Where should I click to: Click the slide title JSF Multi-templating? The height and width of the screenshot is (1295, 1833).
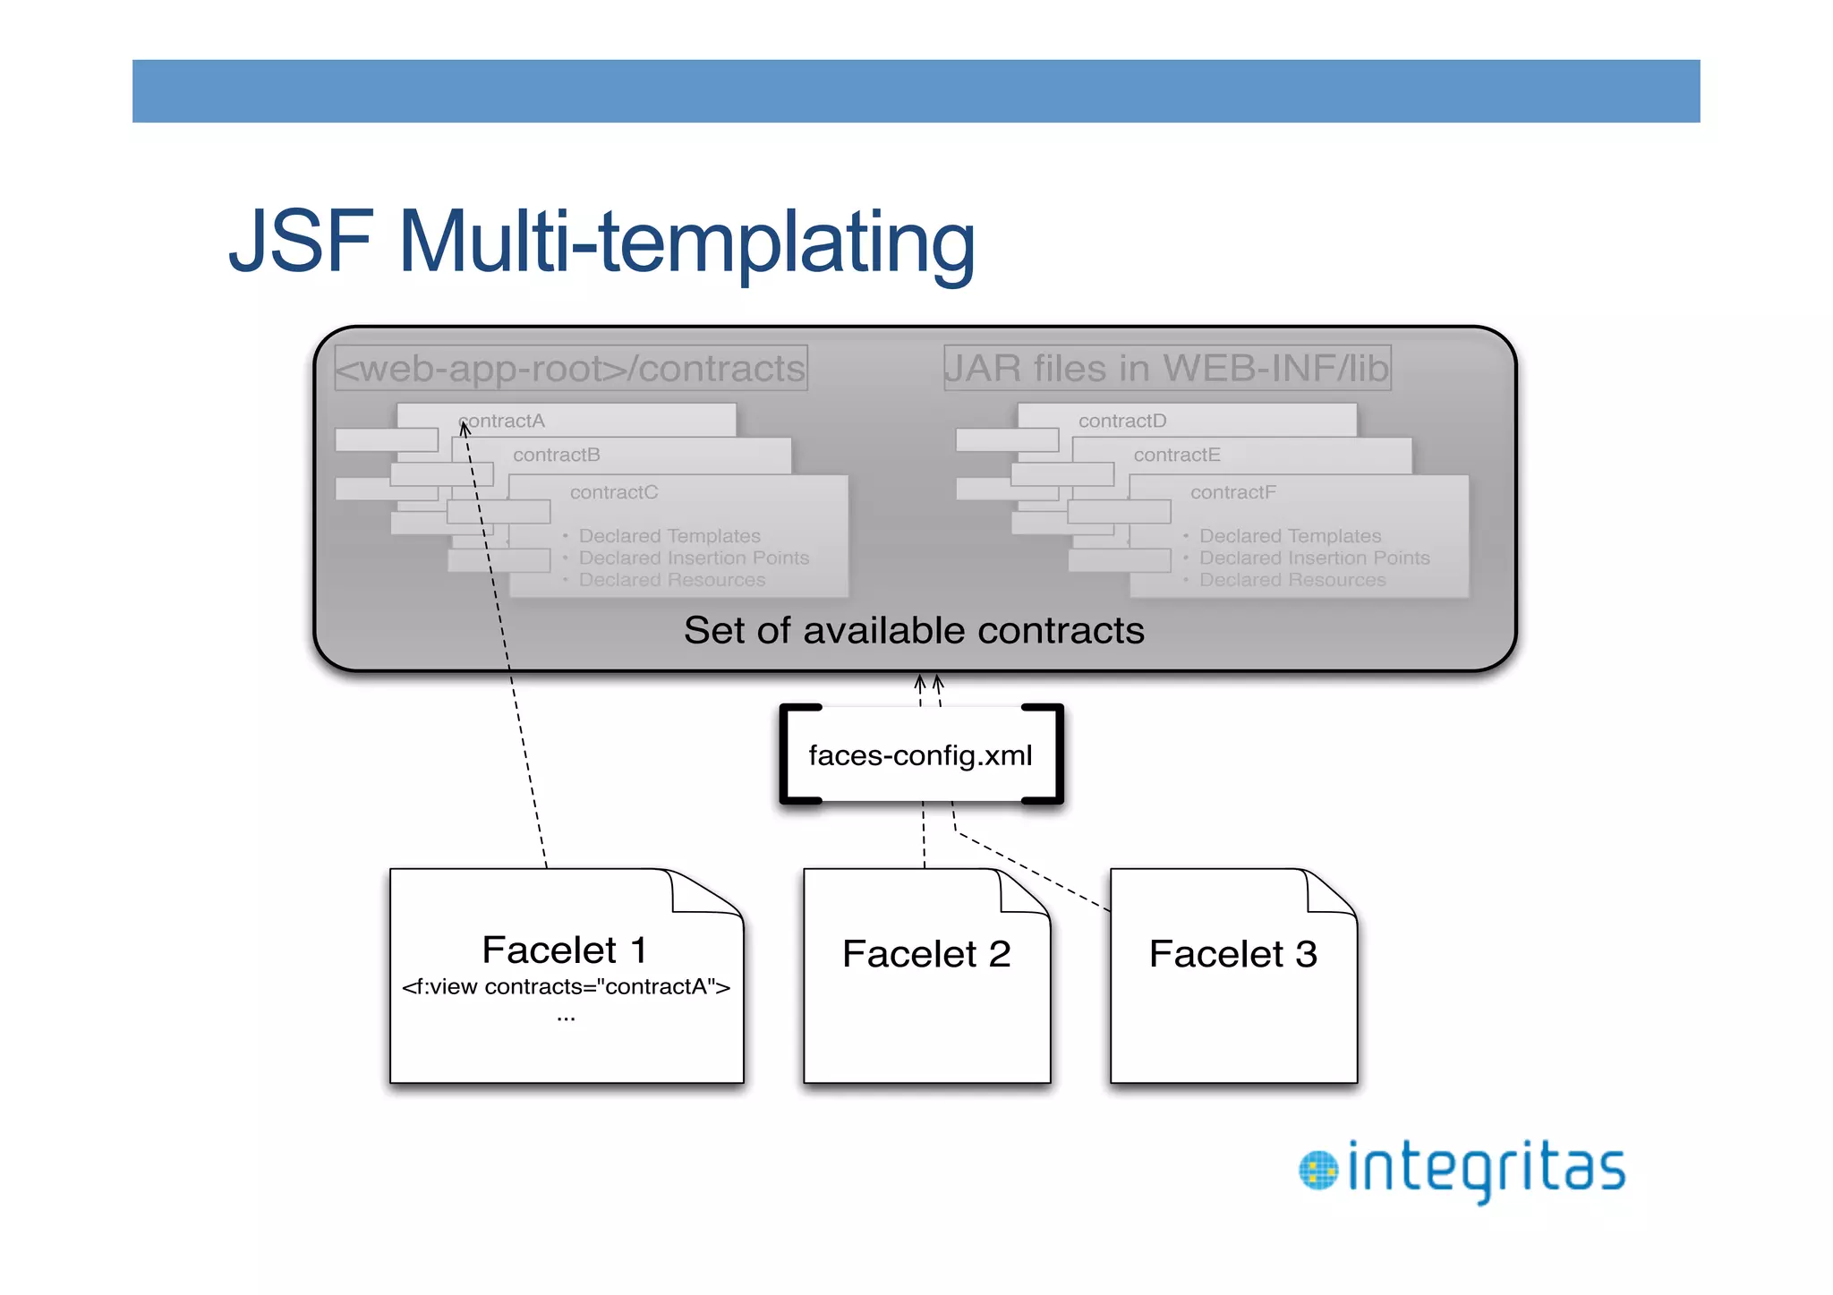click(601, 242)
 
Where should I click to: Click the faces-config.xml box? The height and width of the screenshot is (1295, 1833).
click(920, 755)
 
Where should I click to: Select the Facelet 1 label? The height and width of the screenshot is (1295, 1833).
click(564, 950)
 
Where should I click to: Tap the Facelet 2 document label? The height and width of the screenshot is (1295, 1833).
click(926, 954)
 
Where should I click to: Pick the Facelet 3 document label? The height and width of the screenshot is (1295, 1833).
click(1232, 954)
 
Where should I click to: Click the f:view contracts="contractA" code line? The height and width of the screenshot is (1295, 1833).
click(566, 987)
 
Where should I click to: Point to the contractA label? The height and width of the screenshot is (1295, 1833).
click(503, 421)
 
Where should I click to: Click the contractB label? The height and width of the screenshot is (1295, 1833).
click(556, 455)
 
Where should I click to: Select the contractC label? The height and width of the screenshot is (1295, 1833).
click(614, 492)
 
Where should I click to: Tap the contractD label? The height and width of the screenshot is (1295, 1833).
click(1122, 421)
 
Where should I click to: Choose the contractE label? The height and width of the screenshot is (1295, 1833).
click(1176, 455)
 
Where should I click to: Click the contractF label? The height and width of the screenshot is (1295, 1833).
click(1232, 492)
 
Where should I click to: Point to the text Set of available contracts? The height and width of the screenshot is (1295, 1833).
click(914, 630)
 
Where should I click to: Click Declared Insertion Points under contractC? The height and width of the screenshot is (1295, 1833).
click(694, 558)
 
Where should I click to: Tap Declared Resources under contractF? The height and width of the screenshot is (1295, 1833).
click(1292, 580)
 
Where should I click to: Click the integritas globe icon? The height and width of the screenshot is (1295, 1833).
click(1317, 1171)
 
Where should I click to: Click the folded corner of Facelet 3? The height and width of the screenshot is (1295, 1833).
click(1330, 893)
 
